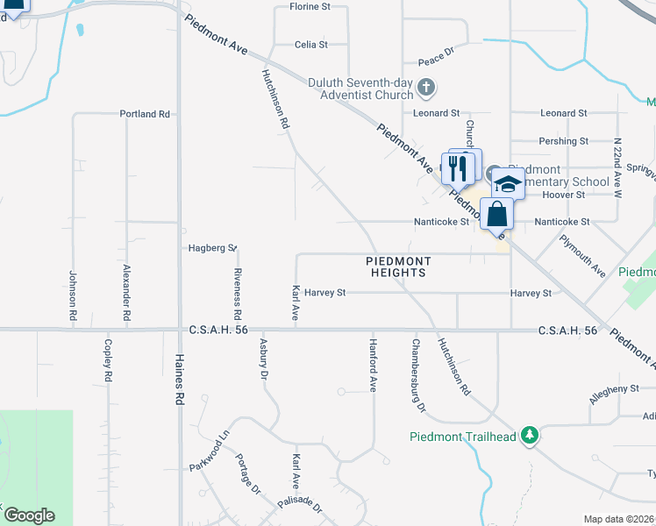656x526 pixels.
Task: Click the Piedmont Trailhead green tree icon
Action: click(529, 435)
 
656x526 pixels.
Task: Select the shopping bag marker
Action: click(496, 213)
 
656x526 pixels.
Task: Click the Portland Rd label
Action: click(145, 114)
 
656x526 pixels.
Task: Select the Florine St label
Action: click(311, 7)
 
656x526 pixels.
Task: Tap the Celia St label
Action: click(311, 44)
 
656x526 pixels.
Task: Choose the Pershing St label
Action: click(564, 141)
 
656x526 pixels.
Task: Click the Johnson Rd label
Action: click(74, 295)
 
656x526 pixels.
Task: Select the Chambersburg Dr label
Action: click(418, 374)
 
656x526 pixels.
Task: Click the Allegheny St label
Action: click(614, 389)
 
